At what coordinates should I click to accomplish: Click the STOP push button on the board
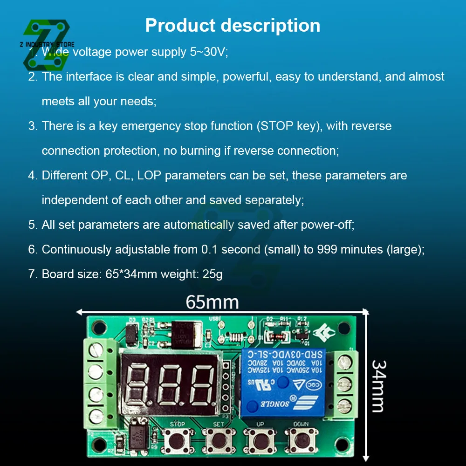coord(177,439)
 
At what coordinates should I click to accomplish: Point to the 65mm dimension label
coord(212,302)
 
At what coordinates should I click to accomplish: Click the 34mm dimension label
coord(378,386)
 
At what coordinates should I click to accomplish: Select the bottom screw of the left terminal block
coord(96,413)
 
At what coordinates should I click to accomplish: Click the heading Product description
coord(233,25)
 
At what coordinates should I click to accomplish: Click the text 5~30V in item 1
coord(208,52)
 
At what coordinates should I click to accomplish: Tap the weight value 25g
coord(212,274)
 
